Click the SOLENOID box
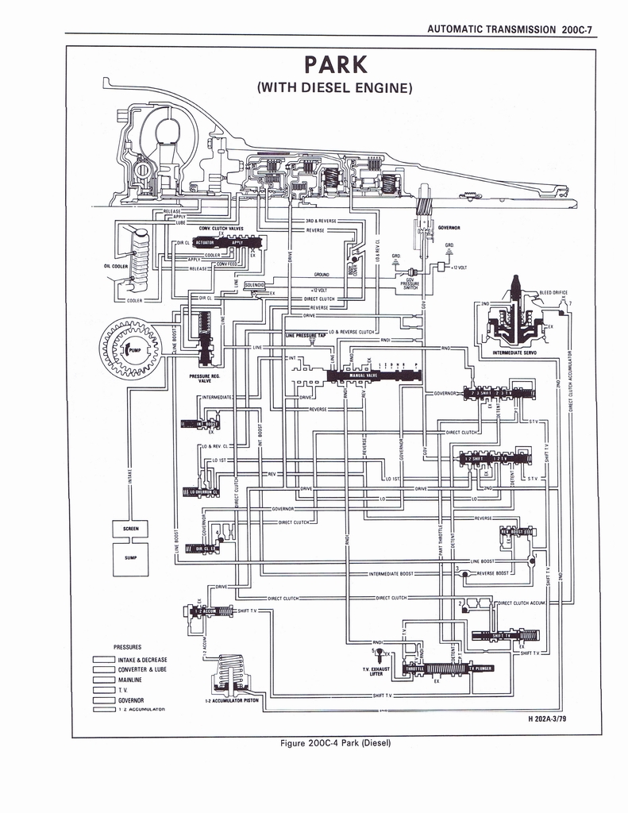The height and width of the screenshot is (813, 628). [254, 283]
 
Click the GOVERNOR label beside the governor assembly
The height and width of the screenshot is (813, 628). [449, 226]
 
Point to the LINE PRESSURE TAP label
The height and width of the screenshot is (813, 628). [306, 337]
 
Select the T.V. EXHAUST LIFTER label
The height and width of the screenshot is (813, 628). [381, 672]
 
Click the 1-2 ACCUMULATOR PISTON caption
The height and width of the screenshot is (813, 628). [231, 702]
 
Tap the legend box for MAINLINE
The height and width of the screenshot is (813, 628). [103, 680]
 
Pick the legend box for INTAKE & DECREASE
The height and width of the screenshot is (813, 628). [103, 660]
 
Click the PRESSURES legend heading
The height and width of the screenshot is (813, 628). [128, 647]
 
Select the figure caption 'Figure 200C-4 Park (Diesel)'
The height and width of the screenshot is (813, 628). [337, 744]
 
